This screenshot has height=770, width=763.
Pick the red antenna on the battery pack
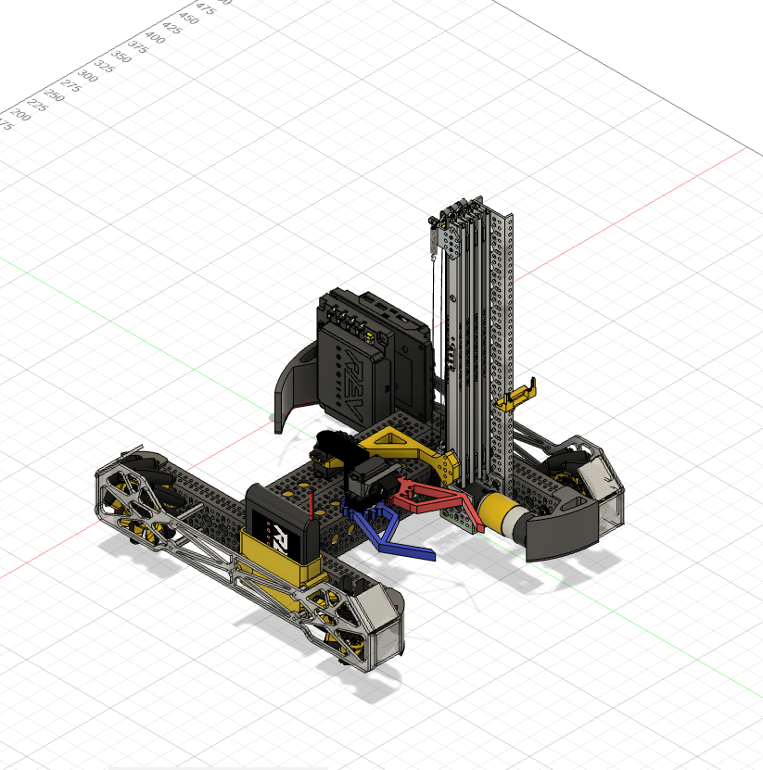310,507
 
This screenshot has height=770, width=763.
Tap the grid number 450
188,18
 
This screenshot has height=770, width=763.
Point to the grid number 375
137,46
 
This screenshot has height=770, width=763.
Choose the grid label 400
155,37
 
